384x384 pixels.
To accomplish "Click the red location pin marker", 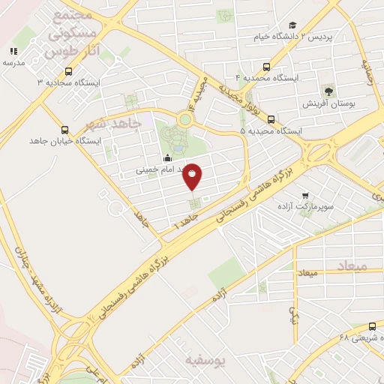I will (193, 176).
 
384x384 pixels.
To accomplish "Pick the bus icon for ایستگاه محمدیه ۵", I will (271, 119).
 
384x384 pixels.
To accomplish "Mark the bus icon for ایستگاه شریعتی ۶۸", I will (373, 325).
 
